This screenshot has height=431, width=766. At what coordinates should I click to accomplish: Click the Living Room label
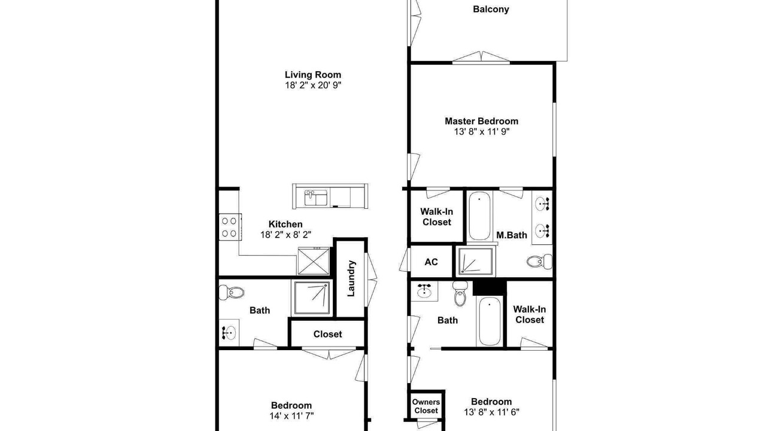313,75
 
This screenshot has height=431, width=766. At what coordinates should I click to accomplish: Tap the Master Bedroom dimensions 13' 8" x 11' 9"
482,132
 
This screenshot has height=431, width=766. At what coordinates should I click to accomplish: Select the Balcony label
491,9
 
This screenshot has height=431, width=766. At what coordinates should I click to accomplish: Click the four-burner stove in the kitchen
230,227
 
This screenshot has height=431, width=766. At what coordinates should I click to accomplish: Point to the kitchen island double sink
315,198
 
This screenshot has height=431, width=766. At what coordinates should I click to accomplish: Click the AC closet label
431,262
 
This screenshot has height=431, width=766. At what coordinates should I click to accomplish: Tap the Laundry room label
351,278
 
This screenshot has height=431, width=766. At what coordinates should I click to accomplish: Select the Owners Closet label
425,406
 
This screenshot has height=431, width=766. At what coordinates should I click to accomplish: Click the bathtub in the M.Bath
479,216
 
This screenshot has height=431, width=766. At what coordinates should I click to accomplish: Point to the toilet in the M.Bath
539,262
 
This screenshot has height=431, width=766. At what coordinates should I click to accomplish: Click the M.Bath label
512,235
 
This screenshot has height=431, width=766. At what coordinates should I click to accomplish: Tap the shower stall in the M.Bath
476,261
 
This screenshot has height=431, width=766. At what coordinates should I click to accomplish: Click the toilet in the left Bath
232,292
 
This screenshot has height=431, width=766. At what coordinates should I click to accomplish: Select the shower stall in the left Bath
312,298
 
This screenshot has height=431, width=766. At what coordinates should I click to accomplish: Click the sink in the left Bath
229,332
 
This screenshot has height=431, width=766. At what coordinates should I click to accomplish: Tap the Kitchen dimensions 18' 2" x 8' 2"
285,235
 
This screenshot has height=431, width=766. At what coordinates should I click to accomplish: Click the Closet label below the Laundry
327,334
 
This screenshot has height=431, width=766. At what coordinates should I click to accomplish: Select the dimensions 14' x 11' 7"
291,416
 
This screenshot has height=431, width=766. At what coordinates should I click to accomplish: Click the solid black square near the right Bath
490,287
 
